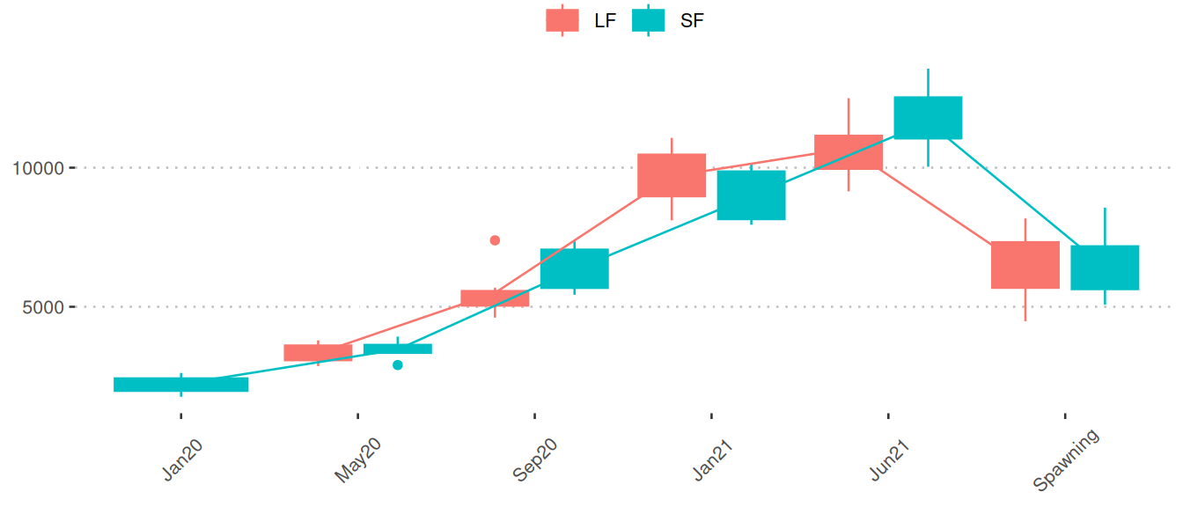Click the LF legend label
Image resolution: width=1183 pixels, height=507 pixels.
605,21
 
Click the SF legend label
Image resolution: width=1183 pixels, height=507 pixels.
692,21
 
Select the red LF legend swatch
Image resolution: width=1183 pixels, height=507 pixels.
562,20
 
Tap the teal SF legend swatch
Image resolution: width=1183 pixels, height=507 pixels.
649,20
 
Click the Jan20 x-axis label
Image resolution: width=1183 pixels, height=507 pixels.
183,459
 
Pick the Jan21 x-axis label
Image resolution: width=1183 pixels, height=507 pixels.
713,459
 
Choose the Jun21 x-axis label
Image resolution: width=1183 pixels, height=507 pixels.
889,459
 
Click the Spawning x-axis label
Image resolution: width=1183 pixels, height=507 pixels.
1066,460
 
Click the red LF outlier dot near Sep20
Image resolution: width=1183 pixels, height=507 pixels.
495,240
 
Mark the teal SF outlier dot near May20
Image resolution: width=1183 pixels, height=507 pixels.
398,365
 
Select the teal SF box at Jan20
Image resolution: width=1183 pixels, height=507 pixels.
181,385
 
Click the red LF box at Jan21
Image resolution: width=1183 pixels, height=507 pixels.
672,175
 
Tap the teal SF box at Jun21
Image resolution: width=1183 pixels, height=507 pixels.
928,118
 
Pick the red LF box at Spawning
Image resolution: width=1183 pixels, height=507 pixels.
1025,265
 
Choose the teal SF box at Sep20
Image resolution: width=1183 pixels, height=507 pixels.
575,268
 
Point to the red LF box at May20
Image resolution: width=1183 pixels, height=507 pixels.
318,353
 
